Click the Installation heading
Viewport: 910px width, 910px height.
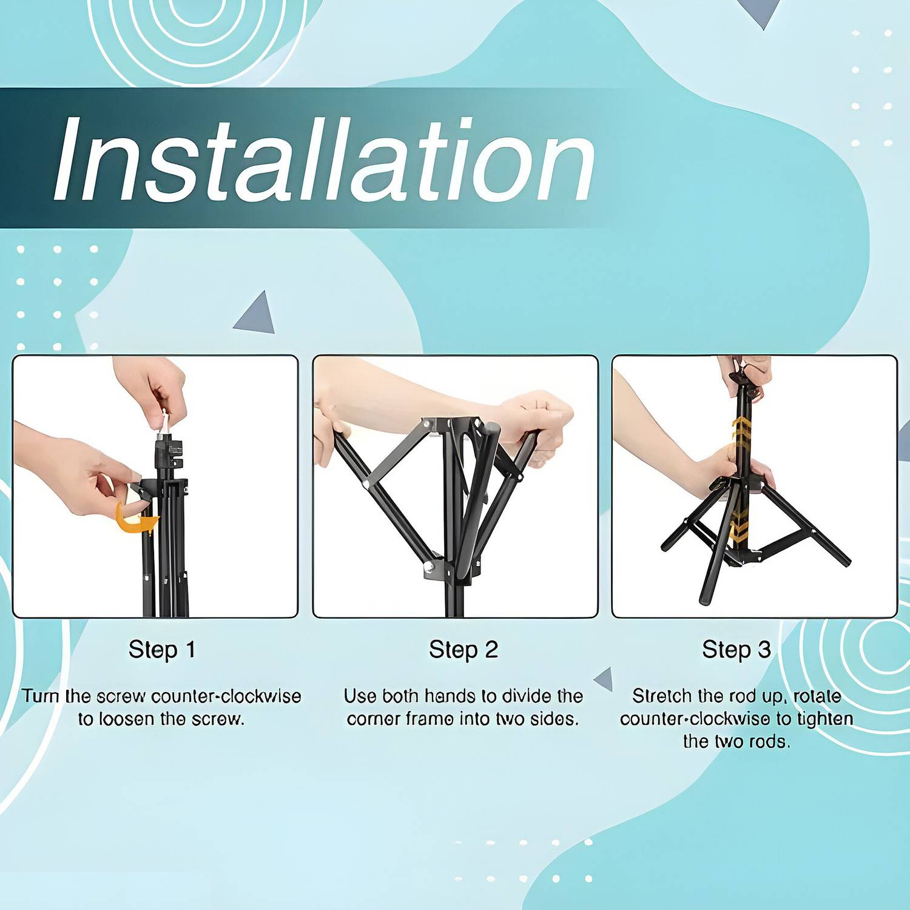(x=323, y=160)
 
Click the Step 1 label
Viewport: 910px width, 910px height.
(x=162, y=650)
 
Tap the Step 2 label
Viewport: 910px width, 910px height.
(x=463, y=650)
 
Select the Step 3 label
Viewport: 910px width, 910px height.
(x=736, y=650)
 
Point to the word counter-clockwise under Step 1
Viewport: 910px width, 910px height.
(x=226, y=696)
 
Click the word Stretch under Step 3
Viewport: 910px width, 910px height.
(x=662, y=696)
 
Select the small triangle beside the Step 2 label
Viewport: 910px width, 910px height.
(x=604, y=679)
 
